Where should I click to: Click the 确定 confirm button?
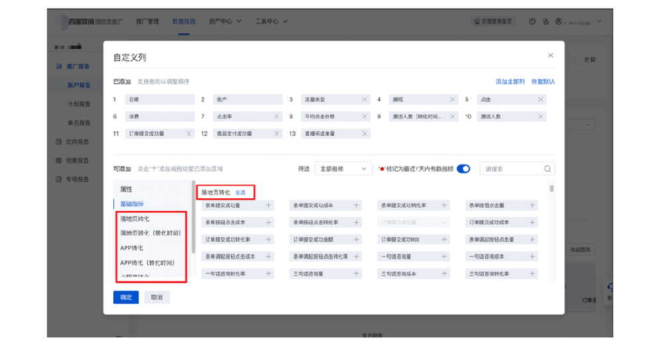click(126, 298)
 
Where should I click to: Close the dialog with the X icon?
click(550, 56)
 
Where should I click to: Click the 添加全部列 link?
click(510, 82)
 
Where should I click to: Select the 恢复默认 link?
click(543, 82)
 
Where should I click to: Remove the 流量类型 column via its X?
click(365, 99)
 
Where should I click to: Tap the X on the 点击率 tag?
click(276, 117)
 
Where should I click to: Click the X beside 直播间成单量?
click(365, 134)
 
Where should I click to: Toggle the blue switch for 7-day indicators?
click(463, 169)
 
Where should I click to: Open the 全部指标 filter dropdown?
click(343, 169)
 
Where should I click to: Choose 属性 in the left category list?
click(126, 190)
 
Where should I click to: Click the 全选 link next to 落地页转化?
click(240, 192)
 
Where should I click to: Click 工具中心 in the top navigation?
click(271, 21)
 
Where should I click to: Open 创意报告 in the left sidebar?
click(77, 160)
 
